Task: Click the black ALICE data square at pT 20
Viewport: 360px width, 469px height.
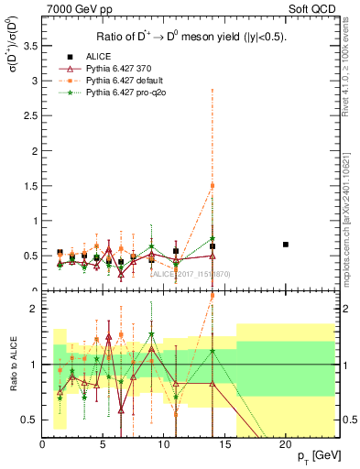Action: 286,245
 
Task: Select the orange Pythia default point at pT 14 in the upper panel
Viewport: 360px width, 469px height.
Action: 213,186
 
